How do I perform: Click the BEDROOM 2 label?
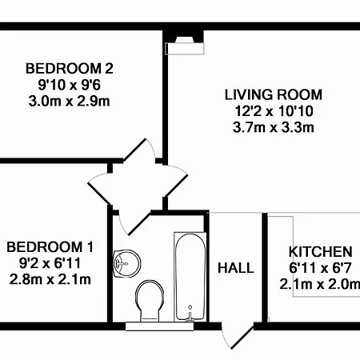click(70, 69)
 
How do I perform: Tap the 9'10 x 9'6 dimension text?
click(70, 85)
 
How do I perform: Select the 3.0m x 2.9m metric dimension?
click(70, 102)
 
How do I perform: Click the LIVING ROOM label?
click(274, 95)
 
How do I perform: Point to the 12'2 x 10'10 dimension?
click(274, 111)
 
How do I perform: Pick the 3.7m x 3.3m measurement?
click(274, 127)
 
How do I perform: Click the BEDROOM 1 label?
click(50, 247)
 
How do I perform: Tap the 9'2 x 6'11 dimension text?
click(50, 263)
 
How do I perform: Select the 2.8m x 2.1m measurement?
click(50, 279)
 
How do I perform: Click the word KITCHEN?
click(321, 252)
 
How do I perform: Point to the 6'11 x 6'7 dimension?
click(321, 268)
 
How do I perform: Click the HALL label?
click(236, 268)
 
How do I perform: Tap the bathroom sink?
click(126, 263)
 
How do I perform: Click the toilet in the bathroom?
click(150, 301)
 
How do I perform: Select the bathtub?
click(190, 277)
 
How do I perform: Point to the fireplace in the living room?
click(185, 46)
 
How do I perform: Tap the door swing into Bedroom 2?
click(139, 151)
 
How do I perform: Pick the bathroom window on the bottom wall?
click(159, 326)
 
